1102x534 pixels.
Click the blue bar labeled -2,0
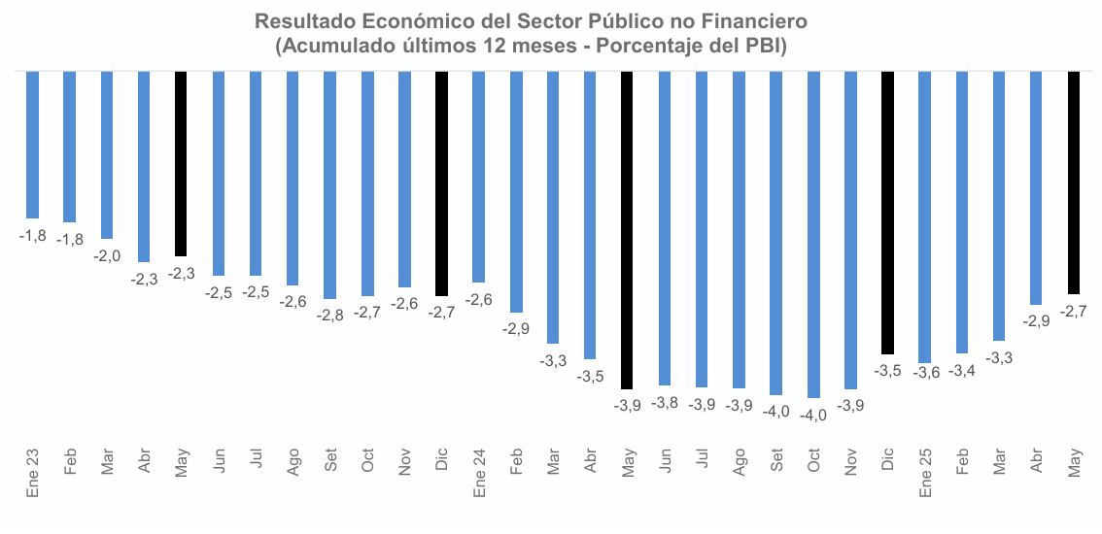(x=107, y=155)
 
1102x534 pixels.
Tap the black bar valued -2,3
(x=181, y=163)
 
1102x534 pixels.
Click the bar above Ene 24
(x=479, y=176)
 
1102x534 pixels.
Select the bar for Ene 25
(x=924, y=217)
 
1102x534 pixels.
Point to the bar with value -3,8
(x=665, y=228)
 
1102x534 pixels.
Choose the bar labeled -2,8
(x=330, y=184)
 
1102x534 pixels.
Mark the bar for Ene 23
(x=32, y=145)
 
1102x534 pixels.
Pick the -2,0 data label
(x=106, y=255)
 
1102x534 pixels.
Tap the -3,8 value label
(x=664, y=402)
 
